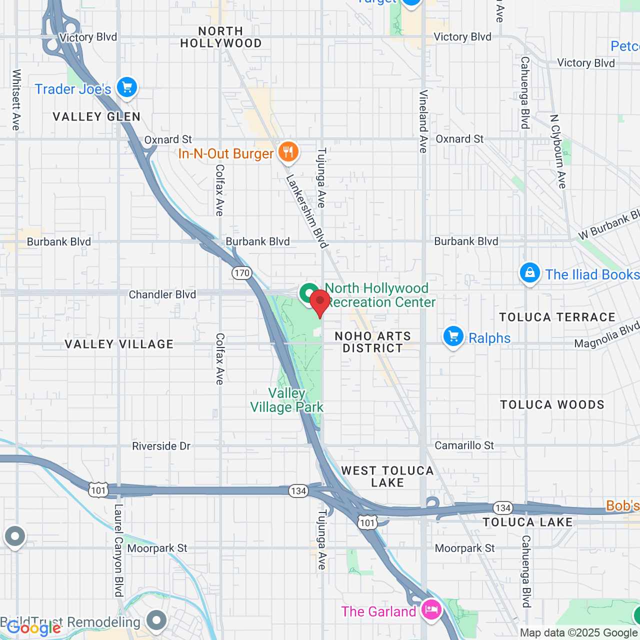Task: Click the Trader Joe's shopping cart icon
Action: tap(127, 88)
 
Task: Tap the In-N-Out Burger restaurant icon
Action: tap(288, 151)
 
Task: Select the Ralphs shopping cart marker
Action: tap(453, 337)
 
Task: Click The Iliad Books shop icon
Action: tap(529, 273)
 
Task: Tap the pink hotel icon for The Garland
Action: tap(431, 610)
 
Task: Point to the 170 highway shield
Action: tap(241, 273)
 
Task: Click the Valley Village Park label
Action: tap(287, 400)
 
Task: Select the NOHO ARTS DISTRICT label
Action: tap(372, 342)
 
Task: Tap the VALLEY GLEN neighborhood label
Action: tap(96, 117)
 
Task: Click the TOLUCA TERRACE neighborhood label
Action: tap(557, 317)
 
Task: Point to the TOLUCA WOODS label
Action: tap(552, 404)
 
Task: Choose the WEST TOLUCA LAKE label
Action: tap(387, 476)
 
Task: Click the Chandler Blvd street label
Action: tap(162, 294)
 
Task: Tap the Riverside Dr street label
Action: tap(161, 446)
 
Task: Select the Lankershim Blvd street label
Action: tap(307, 211)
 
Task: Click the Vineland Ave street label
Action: tap(423, 121)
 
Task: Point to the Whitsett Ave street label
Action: tap(16, 100)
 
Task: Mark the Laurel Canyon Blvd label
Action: tap(118, 550)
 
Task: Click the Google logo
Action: tap(34, 628)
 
